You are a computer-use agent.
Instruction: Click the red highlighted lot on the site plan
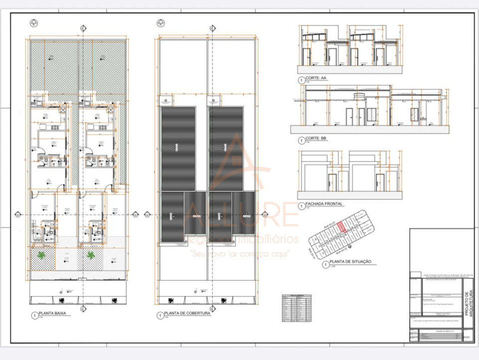tap(340, 227)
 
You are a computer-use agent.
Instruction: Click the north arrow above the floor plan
tap(33, 22)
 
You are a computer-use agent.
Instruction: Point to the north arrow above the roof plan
tap(160, 22)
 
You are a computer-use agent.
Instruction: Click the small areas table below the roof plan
tap(296, 308)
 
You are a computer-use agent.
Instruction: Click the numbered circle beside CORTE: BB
tap(301, 140)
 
